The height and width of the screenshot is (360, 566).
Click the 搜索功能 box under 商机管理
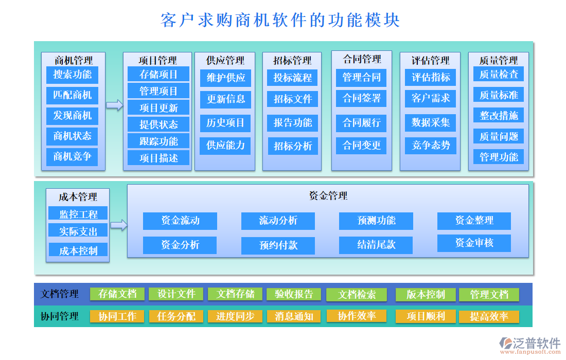[72, 75]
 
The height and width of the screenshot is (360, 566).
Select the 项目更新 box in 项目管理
[158, 107]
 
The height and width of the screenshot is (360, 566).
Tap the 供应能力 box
[225, 145]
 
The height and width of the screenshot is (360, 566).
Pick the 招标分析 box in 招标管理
[293, 146]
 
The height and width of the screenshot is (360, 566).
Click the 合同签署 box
[362, 98]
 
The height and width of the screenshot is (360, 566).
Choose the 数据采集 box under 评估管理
[430, 122]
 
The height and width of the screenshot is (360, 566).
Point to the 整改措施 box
[498, 115]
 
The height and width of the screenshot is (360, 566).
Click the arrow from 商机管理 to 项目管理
[114, 105]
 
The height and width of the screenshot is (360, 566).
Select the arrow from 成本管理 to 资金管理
[118, 225]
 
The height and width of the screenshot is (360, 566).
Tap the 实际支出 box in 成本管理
[78, 231]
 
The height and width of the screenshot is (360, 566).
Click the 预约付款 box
[278, 245]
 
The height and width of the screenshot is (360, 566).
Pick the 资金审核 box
[474, 243]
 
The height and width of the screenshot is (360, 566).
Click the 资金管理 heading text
[328, 195]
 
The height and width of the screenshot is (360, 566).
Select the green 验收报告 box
[294, 294]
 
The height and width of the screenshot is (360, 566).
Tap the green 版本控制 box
[425, 295]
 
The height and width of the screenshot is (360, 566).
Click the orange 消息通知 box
[294, 316]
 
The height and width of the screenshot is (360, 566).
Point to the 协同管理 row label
[60, 316]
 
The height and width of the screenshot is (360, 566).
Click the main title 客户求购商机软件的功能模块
[280, 21]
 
